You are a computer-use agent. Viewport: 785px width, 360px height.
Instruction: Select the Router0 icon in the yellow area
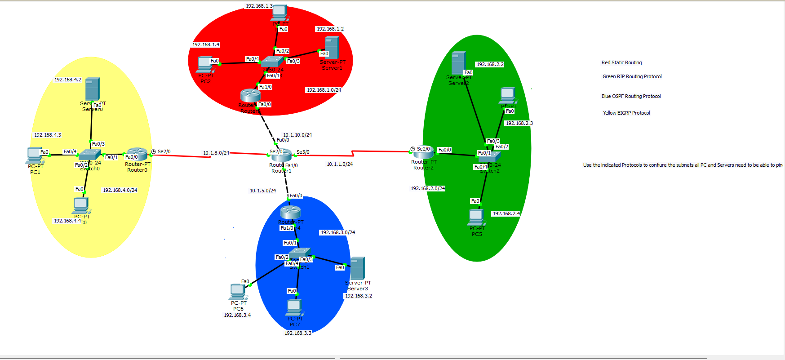(137, 154)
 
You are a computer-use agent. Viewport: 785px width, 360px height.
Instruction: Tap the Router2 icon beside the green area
(423, 153)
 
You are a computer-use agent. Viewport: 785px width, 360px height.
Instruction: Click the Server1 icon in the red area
(332, 48)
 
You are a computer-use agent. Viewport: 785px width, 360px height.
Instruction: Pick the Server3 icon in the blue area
(358, 268)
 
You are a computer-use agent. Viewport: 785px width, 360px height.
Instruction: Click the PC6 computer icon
(238, 292)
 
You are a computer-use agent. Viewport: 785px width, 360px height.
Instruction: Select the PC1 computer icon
(35, 156)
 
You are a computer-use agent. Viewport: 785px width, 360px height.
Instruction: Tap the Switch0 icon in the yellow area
(90, 156)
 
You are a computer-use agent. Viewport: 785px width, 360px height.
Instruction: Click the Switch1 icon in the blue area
(300, 254)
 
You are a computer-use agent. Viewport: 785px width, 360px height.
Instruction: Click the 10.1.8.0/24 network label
(216, 153)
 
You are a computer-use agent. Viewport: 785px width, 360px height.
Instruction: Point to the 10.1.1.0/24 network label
(340, 164)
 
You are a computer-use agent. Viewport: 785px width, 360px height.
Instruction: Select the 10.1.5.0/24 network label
(263, 191)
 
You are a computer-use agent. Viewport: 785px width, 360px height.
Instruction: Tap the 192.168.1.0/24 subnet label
(324, 90)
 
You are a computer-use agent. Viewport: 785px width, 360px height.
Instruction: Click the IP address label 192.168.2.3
(519, 123)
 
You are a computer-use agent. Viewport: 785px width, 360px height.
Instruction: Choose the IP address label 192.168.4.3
(48, 135)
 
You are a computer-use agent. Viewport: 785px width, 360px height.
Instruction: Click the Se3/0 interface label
(303, 152)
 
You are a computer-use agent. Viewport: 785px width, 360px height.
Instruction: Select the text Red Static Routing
(621, 62)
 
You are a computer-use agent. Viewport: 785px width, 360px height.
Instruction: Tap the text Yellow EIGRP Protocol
(626, 113)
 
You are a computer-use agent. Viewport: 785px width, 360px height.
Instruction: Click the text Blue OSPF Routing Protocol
(631, 96)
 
